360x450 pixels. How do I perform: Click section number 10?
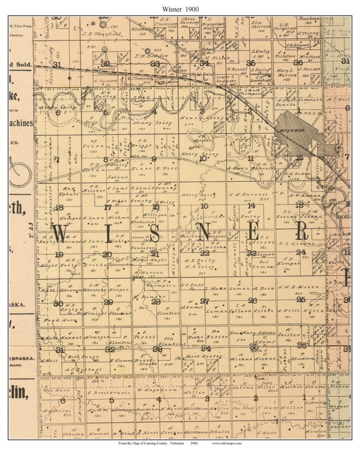[x=202, y=159]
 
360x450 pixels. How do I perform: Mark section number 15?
[x=204, y=206]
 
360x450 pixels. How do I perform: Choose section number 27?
[x=204, y=301]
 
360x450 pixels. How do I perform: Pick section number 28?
[x=156, y=302]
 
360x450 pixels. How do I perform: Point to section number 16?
[x=155, y=207]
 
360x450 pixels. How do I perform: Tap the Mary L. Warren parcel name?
[x=286, y=73]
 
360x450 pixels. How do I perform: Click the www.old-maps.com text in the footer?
[x=226, y=443]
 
